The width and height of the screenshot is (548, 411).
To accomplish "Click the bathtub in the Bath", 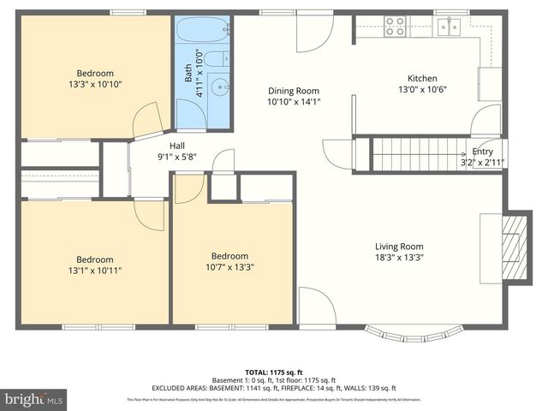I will coord(203,33).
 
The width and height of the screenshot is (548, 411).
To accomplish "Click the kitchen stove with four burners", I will coord(395,27).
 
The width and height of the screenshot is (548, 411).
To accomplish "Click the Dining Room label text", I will coord(294,90).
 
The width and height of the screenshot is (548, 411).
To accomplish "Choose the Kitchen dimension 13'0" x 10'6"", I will coord(422,89).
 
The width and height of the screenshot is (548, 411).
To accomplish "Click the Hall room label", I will coord(153,145).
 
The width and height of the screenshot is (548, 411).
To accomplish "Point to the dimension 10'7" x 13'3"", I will coord(230,267).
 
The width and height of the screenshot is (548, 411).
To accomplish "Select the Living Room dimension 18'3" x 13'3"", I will coord(399,257).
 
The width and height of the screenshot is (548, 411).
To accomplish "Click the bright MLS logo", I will coord(34,399).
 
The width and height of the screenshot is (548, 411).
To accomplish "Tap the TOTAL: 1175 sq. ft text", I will coord(274,372).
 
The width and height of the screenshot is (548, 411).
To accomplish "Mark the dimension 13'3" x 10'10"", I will coord(95,84).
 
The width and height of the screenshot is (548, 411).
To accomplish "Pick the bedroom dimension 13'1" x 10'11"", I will coord(94,271).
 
